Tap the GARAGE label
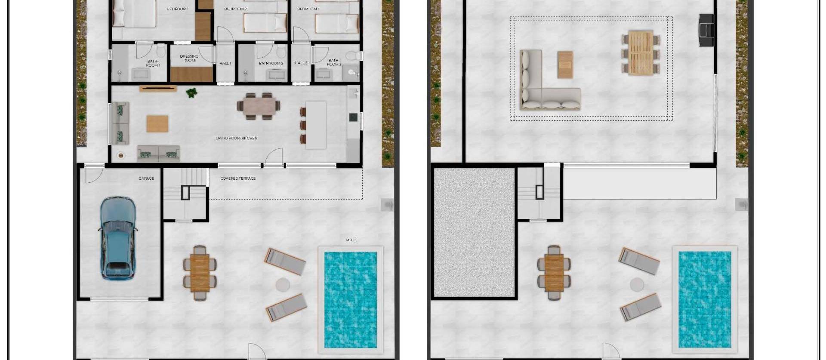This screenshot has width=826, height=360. click(146, 178)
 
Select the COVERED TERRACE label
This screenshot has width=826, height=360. click(238, 178)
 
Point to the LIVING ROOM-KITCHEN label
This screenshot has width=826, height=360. click(236, 138)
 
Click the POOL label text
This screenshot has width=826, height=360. click(351, 240)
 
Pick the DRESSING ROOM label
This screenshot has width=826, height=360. click(189, 58)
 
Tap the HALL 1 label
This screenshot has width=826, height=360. click(225, 63)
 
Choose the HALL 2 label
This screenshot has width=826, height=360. click(301, 63)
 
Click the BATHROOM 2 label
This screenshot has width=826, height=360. click(271, 64)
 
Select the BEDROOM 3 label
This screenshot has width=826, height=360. click(308, 9)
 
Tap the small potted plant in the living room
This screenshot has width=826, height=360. click(191, 92)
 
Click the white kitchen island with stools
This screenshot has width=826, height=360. click(316, 125)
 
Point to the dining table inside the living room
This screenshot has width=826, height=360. click(259, 106)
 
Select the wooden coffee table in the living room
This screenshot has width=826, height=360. click(157, 124)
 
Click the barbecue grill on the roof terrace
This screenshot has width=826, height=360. click(706, 30)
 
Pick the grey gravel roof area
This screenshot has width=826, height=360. click(474, 232)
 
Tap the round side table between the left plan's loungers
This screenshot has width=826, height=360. click(283, 284)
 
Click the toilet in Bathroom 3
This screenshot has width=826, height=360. click(354, 56)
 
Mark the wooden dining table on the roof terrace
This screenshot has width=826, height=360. click(640, 52)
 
